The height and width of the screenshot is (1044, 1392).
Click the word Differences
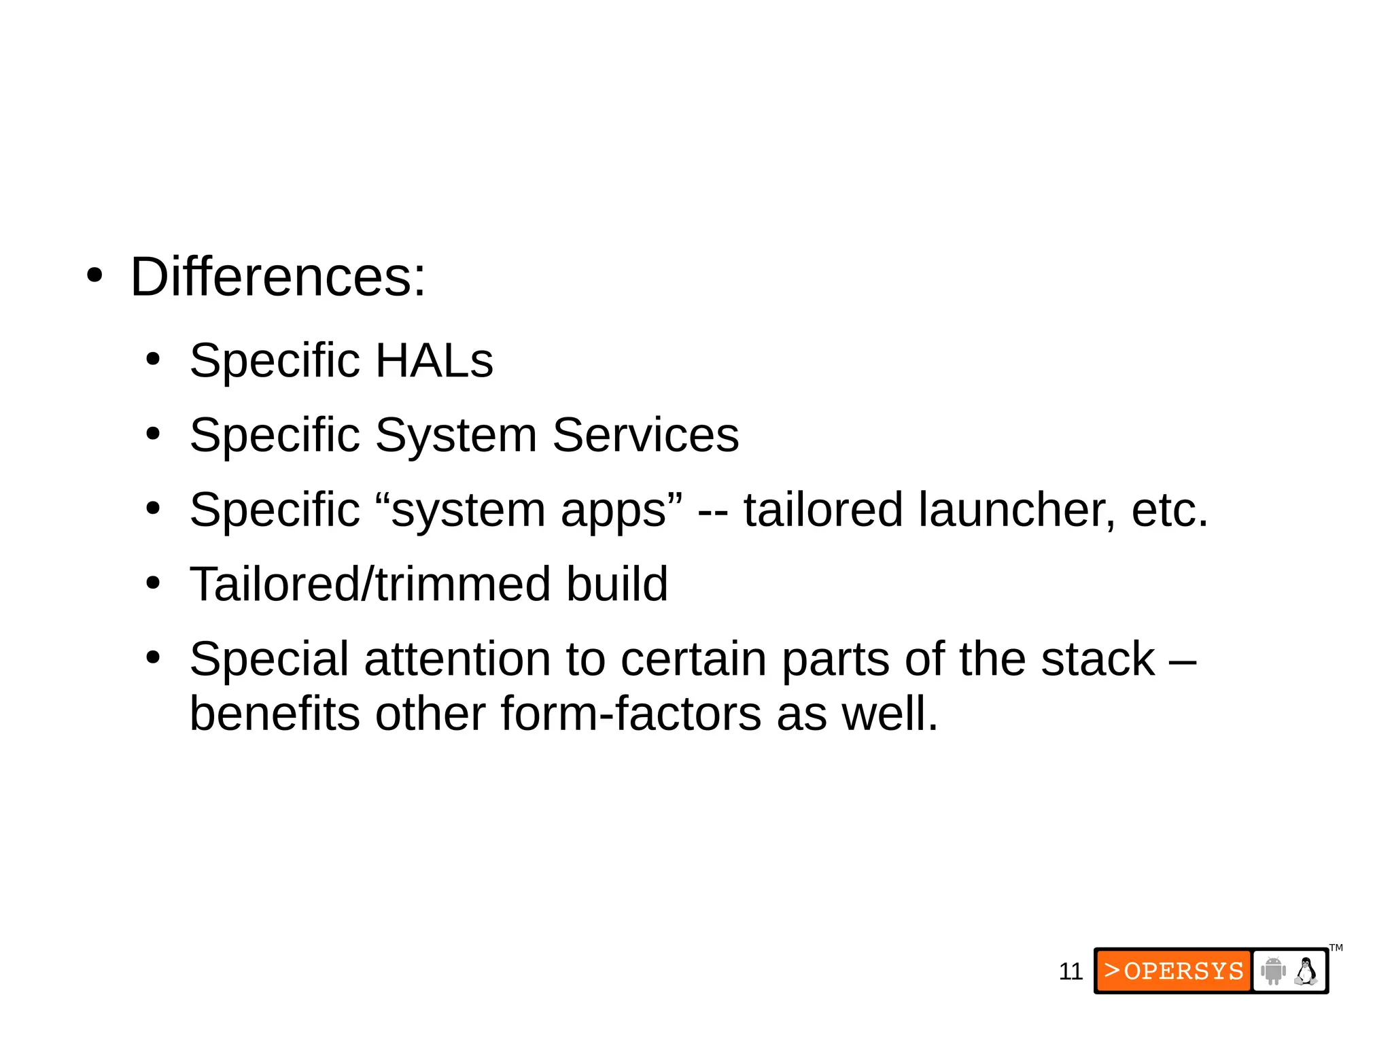[277, 277]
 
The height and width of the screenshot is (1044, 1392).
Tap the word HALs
[434, 360]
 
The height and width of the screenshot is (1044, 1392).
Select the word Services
[645, 435]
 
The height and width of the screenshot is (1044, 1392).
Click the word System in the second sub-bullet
[455, 435]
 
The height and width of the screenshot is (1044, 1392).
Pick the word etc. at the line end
[1170, 510]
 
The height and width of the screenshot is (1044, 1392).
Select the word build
[617, 585]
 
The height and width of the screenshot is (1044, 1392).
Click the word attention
[484, 659]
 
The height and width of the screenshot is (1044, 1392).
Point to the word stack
[1098, 659]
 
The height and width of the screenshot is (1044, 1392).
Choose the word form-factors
[631, 714]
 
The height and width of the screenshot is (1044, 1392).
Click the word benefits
[275, 714]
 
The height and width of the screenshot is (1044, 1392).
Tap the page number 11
[1071, 971]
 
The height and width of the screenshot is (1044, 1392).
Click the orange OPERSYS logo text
[1174, 971]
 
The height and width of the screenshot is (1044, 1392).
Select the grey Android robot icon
[1273, 971]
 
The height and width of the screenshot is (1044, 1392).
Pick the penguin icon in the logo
[1306, 971]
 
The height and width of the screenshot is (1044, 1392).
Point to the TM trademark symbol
[1336, 947]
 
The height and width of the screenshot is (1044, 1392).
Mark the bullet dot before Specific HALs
[153, 360]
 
